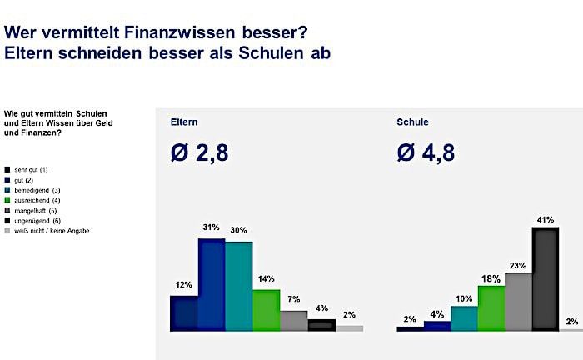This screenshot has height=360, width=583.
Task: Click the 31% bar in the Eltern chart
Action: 212,286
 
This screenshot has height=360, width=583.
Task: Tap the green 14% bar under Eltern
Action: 267,310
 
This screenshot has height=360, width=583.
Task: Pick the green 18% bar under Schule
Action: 491,307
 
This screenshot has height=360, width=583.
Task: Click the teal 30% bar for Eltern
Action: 239,287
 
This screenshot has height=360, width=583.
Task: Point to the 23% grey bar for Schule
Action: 517,302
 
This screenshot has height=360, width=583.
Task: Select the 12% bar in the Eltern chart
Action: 183,313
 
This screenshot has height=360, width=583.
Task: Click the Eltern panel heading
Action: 183,122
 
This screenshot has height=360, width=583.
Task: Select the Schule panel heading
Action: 413,122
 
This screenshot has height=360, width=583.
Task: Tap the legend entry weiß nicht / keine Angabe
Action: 50,230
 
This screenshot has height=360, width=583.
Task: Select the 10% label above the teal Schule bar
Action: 464,297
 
